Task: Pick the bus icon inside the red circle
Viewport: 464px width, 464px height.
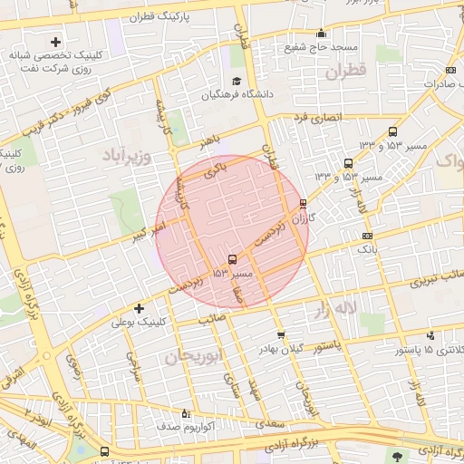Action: pyautogui.click(x=234, y=259)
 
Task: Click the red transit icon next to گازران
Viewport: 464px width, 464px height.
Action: pyautogui.click(x=303, y=204)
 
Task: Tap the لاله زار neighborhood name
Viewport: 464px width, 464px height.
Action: pyautogui.click(x=335, y=311)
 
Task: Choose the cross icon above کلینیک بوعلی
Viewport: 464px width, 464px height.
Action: pyautogui.click(x=139, y=308)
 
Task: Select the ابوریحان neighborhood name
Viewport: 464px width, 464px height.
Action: pyautogui.click(x=195, y=357)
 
